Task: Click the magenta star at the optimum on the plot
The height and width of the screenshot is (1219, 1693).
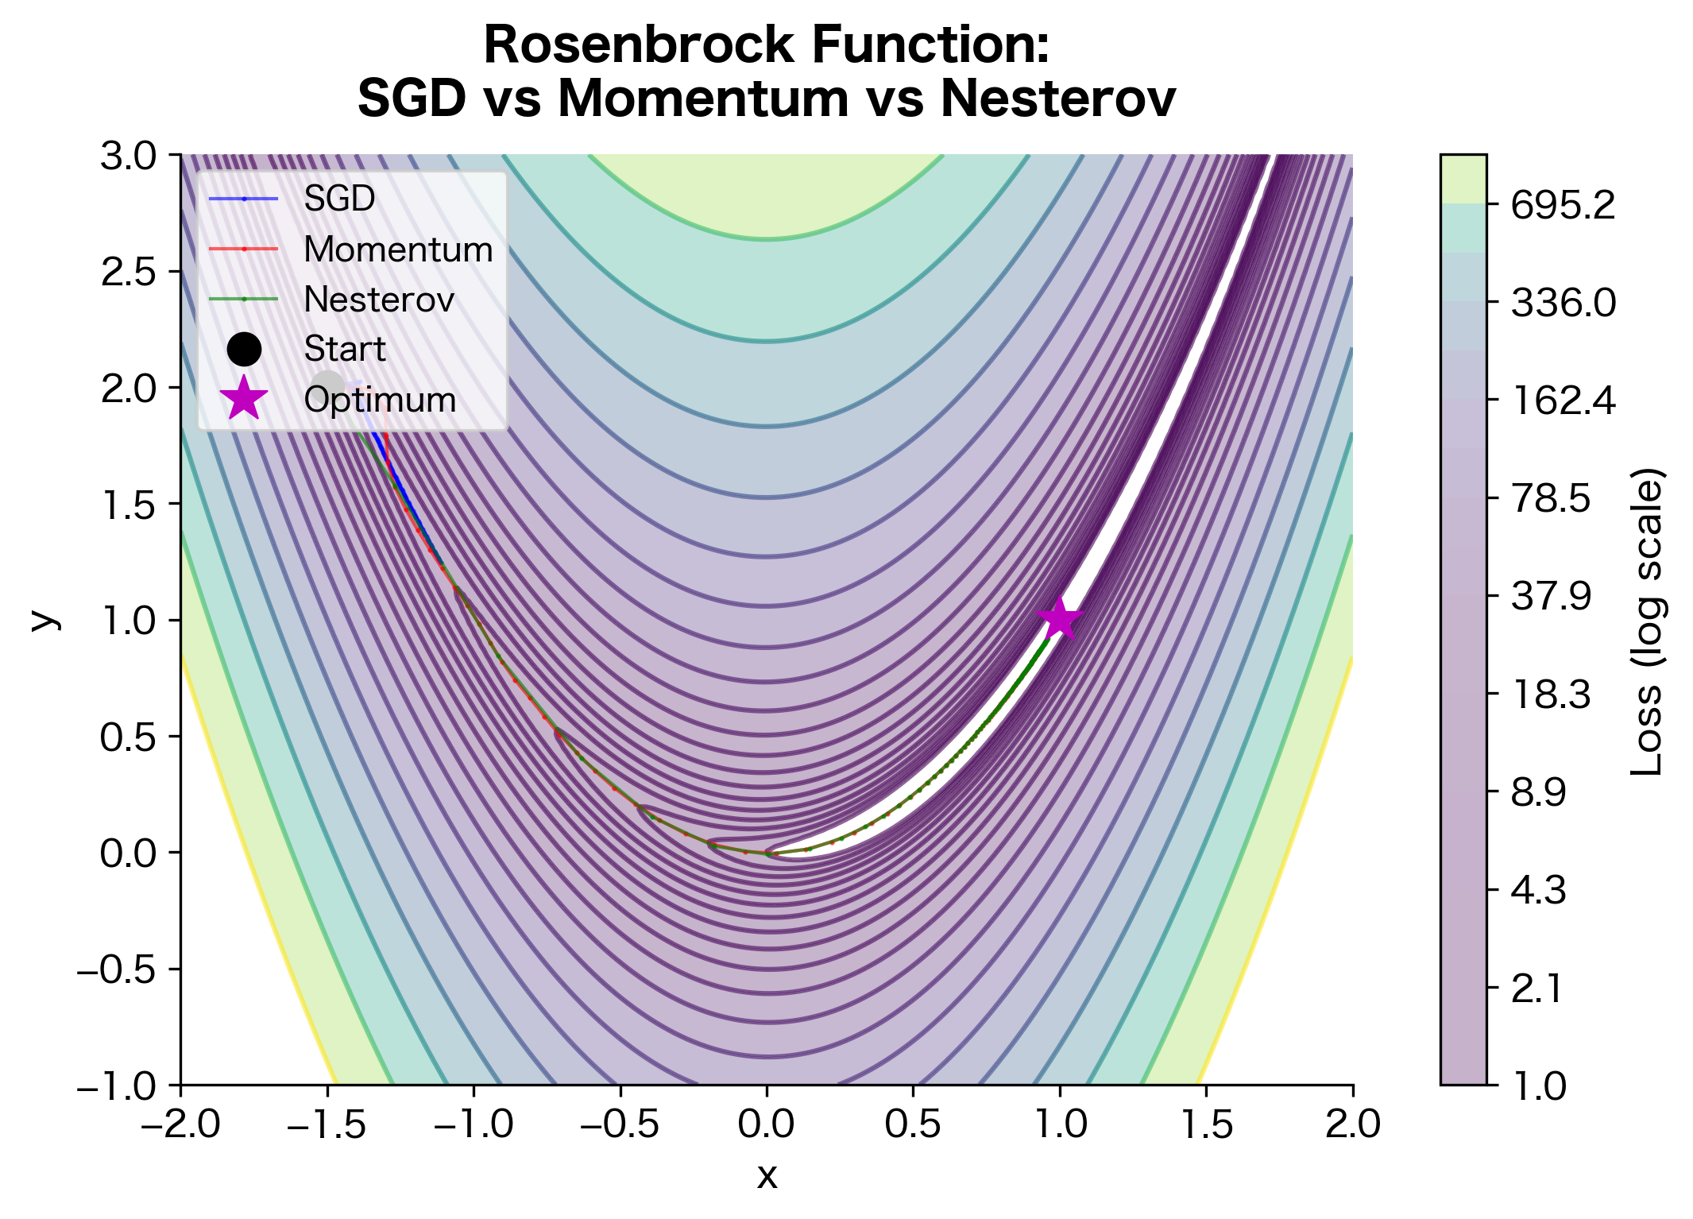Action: [1059, 619]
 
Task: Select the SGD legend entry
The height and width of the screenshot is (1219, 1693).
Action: [339, 199]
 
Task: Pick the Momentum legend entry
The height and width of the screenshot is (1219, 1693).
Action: [398, 250]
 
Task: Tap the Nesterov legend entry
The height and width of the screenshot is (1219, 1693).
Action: [379, 300]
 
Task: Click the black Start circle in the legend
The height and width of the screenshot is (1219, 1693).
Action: [244, 349]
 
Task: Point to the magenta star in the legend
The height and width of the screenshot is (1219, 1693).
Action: [244, 399]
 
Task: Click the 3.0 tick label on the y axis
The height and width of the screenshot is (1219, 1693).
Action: [129, 156]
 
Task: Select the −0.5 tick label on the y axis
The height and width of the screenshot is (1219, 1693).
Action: [117, 969]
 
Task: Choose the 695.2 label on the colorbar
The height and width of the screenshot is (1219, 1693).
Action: [1563, 206]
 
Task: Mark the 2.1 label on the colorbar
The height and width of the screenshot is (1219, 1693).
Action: [1536, 989]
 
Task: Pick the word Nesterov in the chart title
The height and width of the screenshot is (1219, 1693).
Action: [1057, 99]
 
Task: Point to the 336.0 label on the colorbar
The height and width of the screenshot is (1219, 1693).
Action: [1563, 303]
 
